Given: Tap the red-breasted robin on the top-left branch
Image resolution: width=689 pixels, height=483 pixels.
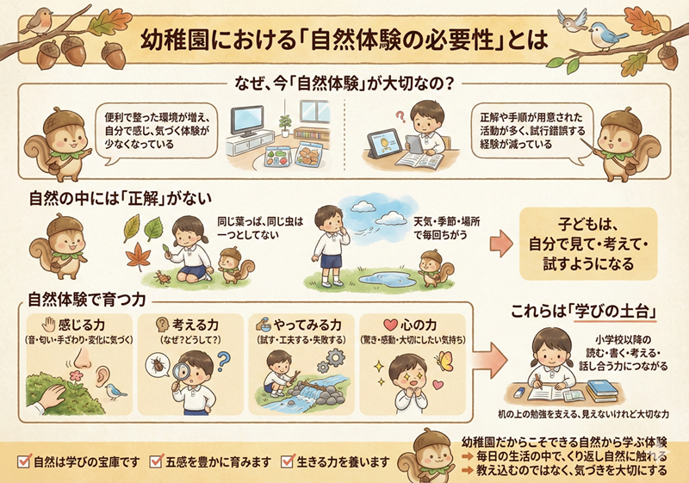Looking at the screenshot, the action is point(38,22).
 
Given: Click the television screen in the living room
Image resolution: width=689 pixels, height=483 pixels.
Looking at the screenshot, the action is point(247,120).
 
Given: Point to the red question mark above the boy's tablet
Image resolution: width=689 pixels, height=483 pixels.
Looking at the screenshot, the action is point(400,116).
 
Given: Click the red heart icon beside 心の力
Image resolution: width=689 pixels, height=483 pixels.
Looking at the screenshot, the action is point(390,325).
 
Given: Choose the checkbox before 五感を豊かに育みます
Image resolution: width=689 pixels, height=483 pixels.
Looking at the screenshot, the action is point(156,461).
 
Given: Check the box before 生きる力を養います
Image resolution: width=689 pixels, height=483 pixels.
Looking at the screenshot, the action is point(288,461).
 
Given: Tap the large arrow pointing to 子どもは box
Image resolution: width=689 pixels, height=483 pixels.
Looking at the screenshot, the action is point(501,244).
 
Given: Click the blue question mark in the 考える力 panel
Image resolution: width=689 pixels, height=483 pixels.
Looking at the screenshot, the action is point(224,361).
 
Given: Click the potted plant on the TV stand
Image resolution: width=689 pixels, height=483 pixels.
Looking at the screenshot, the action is point(285,125).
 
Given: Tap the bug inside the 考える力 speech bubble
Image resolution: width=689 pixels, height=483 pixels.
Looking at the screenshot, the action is point(158,364).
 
